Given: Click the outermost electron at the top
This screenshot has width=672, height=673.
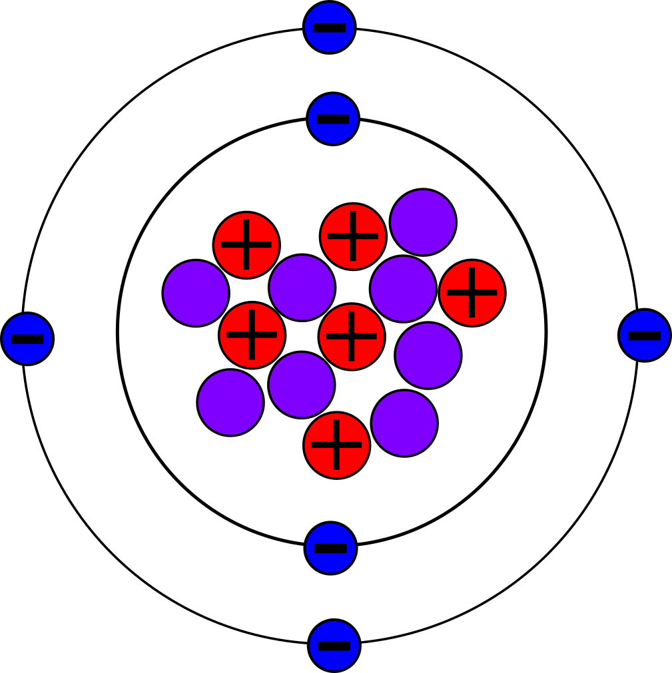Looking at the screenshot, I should coord(330,27).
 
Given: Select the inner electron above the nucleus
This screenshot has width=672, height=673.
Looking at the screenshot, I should coord(333,118).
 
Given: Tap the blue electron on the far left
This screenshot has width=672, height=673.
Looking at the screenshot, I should coord(27,339).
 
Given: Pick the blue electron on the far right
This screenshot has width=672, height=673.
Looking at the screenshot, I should coord(645,336).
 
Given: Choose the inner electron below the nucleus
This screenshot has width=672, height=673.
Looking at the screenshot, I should coord(331,548).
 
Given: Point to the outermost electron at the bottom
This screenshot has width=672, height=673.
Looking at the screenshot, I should coord(334,646).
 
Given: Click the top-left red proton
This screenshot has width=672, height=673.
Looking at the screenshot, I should coord(246,245).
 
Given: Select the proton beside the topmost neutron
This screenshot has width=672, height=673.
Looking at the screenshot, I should coord(353,236).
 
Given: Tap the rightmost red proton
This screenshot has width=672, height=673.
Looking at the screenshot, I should coord(472,293).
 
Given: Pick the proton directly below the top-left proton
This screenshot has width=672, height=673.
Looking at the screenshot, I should coord(252,335).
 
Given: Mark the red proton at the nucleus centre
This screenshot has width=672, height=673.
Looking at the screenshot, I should coord(352,336).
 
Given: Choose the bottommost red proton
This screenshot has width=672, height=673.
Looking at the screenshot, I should coord(337,445).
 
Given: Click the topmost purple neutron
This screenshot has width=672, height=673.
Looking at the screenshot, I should coord(423,222).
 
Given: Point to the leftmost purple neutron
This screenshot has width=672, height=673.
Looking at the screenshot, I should coord(196,293).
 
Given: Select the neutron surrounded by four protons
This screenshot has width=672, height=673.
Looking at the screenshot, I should coord(302,288).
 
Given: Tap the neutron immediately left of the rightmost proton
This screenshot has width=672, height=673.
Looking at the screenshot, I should coord(403,289).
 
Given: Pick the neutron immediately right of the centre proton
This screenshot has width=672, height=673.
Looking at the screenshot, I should coord(428,355).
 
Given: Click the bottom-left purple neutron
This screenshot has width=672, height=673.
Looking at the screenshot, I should coord(230,403).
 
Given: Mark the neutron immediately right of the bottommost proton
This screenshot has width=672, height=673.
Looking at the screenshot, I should coord(404,423).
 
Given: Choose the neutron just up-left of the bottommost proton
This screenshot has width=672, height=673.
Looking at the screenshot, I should coord(302,385).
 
